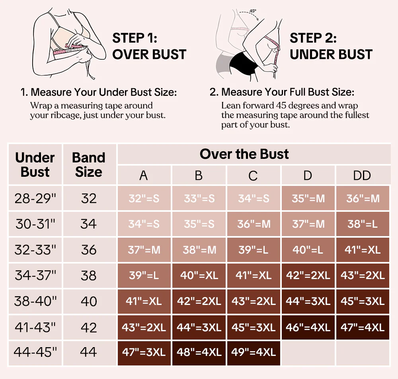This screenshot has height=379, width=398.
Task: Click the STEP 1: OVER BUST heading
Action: coord(149,46)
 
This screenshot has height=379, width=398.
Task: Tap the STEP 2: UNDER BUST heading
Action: coord(331,46)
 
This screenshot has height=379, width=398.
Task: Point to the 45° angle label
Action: coord(253,11)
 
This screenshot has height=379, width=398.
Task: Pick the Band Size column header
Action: coord(89,164)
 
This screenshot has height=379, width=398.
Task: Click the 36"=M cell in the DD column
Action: coord(363,198)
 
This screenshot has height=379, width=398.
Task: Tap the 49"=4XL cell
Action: coord(254,353)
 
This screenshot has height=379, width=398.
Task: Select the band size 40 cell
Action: coord(89,301)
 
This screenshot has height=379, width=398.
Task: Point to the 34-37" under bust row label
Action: coord(35,275)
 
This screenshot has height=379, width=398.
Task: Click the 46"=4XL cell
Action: coord(308,328)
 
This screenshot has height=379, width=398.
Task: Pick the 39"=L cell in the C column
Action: coord(254,250)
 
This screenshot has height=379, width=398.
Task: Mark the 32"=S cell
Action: coord(144,198)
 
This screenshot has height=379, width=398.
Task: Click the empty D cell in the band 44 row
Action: coord(308,353)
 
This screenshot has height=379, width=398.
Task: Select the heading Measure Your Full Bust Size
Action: coord(288,92)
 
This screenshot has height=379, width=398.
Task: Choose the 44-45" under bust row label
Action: coord(35,352)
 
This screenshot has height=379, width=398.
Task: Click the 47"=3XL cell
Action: coord(144,353)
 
